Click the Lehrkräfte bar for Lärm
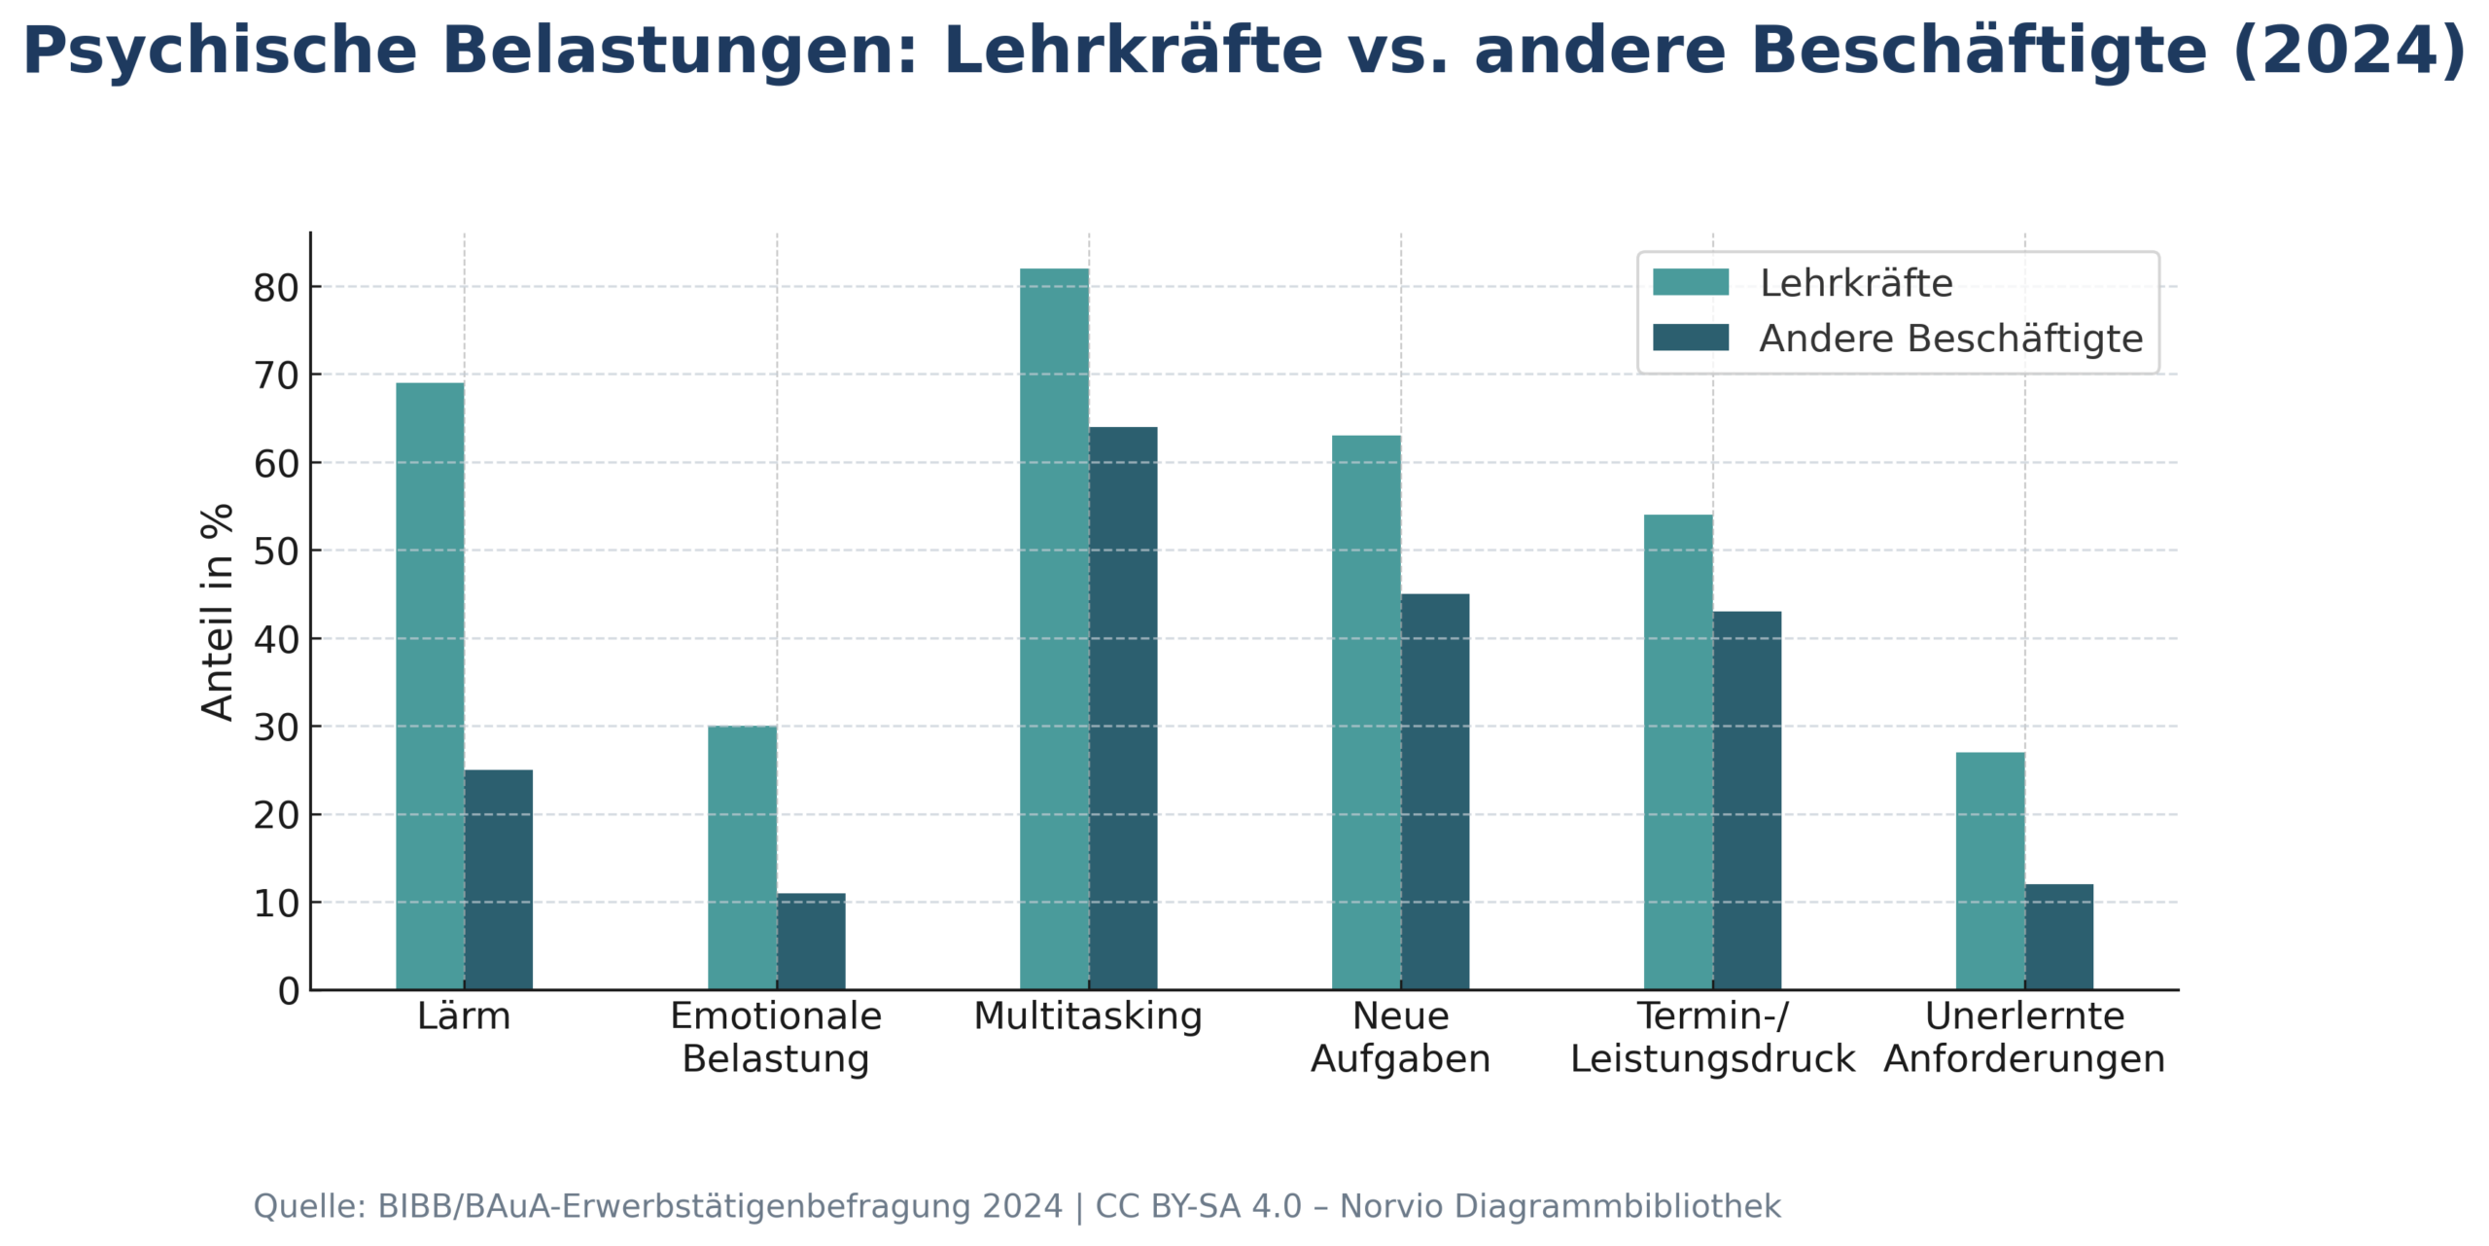[430, 686]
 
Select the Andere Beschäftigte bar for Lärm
[499, 879]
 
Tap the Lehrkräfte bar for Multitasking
[1054, 628]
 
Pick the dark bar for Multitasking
[1123, 708]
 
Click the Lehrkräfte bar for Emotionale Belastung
[742, 857]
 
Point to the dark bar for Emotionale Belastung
[811, 941]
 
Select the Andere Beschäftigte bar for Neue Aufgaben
[1435, 791]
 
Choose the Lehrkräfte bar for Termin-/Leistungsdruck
[1678, 752]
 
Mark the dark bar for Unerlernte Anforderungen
[2059, 937]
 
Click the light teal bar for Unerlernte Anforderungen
[1990, 871]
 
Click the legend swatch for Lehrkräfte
[1691, 282]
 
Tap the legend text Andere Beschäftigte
[1950, 338]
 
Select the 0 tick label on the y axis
[289, 991]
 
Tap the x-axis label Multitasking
[1088, 1015]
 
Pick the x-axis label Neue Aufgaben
[1400, 1037]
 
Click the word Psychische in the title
[220, 51]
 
